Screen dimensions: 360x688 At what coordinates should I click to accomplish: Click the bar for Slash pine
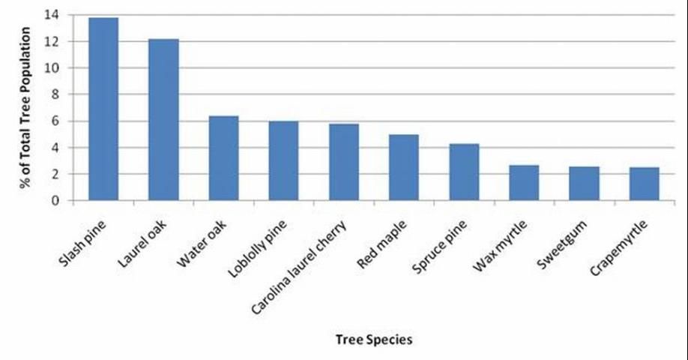[x=103, y=109]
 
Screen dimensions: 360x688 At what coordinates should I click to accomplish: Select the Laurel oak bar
[x=163, y=120]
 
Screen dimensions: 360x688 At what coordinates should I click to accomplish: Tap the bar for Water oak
[x=223, y=158]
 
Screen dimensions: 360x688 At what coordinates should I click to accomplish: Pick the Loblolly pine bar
[x=284, y=160]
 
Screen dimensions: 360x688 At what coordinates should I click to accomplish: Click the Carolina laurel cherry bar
[x=344, y=162]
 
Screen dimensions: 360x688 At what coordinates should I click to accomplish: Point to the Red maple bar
[x=404, y=167]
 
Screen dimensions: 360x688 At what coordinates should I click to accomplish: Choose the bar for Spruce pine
[x=464, y=172]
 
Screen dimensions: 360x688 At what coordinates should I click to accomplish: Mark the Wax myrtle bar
[x=524, y=183]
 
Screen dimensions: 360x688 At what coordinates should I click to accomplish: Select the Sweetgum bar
[x=584, y=184]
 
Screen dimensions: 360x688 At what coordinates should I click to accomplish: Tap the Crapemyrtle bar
[x=645, y=184]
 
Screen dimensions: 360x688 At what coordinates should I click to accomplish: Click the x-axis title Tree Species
[x=372, y=339]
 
